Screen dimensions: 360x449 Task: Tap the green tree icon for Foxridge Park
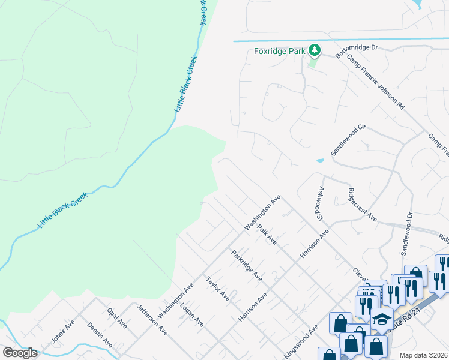coord(313,50)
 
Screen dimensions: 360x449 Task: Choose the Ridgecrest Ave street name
coord(362,205)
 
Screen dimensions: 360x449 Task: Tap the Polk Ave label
coord(267,235)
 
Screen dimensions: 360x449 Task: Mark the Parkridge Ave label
coord(247,266)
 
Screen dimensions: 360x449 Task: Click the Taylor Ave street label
coord(217,289)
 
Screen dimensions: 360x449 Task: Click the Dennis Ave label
coord(100,335)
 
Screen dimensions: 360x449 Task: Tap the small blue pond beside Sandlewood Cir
coord(320,160)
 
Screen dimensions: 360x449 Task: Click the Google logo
coord(20,353)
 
